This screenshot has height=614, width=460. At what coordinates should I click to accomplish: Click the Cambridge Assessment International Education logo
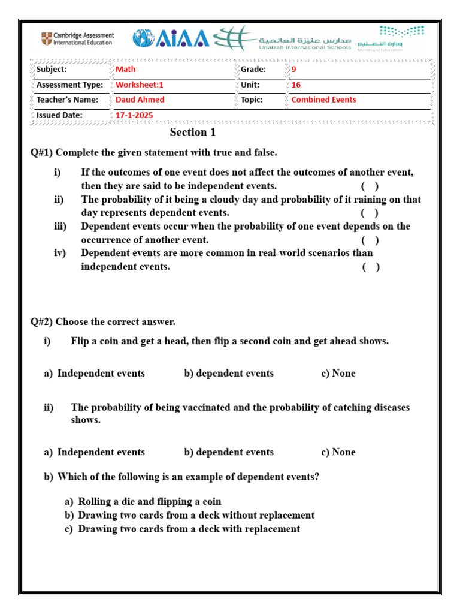(77, 40)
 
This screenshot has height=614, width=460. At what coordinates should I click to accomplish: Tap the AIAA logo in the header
(171, 39)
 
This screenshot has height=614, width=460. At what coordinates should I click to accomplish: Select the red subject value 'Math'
(126, 70)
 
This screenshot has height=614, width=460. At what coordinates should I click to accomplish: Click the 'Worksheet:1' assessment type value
(139, 85)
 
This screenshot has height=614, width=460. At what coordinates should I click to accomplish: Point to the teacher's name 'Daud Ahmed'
(140, 100)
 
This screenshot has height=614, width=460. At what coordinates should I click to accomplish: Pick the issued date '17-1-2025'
(134, 115)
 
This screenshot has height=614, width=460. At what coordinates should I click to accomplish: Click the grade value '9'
(293, 70)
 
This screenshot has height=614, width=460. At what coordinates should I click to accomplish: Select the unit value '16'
(296, 85)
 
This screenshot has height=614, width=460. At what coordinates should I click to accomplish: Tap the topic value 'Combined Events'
(323, 100)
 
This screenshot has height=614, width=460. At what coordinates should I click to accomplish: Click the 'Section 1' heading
(192, 133)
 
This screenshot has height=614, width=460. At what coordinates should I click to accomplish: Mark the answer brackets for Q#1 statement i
(370, 186)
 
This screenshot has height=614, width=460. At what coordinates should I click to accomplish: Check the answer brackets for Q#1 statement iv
(370, 267)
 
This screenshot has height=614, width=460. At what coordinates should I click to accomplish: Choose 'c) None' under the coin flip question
(338, 373)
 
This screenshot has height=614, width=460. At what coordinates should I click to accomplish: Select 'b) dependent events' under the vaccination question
(229, 452)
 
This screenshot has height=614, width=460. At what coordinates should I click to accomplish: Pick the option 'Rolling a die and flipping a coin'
(150, 502)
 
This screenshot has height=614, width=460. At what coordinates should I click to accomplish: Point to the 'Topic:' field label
(252, 100)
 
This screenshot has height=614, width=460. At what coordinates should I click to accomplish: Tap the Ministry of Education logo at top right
(392, 38)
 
